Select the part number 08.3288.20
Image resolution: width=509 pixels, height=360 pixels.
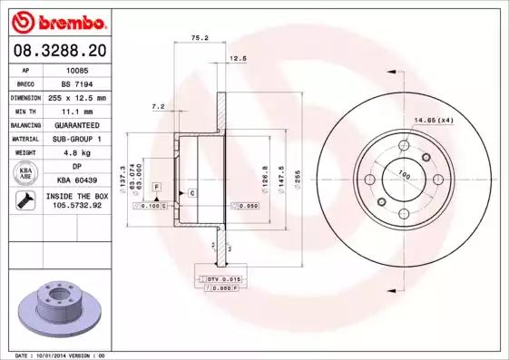pyautogui.click(x=55, y=52)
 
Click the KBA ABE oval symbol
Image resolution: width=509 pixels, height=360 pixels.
pyautogui.click(x=25, y=174)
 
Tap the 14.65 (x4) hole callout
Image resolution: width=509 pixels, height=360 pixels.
pyautogui.click(x=433, y=121)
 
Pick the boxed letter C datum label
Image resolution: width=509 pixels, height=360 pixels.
pyautogui.click(x=192, y=193)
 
